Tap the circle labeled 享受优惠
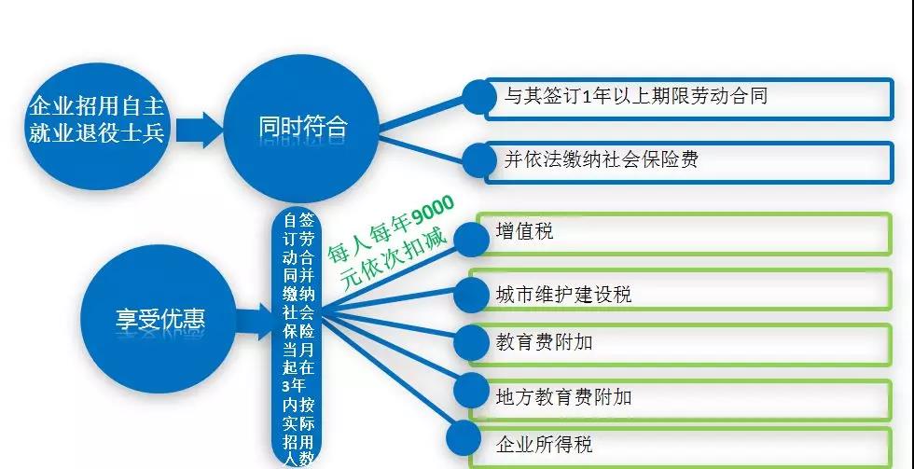159,319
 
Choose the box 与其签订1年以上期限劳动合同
689,99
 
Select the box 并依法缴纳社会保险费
689,162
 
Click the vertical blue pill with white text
298,338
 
